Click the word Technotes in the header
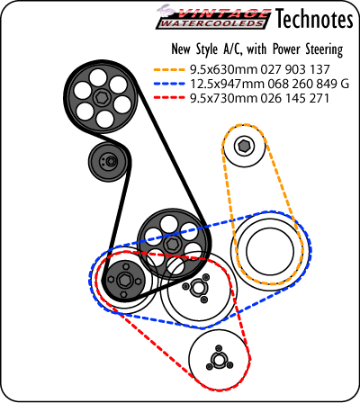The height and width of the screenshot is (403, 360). pyautogui.click(x=314, y=18)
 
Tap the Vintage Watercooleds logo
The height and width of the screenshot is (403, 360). pyautogui.click(x=213, y=17)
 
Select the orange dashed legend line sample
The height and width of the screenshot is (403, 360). pyautogui.click(x=169, y=70)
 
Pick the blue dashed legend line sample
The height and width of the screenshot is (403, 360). pyautogui.click(x=169, y=85)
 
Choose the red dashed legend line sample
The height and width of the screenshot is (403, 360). pyautogui.click(x=169, y=98)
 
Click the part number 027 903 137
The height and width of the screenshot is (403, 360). pyautogui.click(x=295, y=69)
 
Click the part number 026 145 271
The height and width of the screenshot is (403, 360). pyautogui.click(x=295, y=98)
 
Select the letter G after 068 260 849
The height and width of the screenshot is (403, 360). pyautogui.click(x=345, y=84)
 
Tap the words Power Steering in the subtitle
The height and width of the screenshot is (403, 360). pyautogui.click(x=308, y=49)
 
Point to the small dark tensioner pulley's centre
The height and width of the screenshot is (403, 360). pyautogui.click(x=111, y=161)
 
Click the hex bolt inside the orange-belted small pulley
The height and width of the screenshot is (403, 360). pyautogui.click(x=244, y=147)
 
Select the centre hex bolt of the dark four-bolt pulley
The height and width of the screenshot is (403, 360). pyautogui.click(x=123, y=280)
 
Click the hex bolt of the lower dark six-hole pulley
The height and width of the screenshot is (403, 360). pyautogui.click(x=171, y=243)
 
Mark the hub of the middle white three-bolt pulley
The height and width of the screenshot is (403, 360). pyautogui.click(x=197, y=288)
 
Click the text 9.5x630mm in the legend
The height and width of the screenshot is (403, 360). pyautogui.click(x=224, y=69)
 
